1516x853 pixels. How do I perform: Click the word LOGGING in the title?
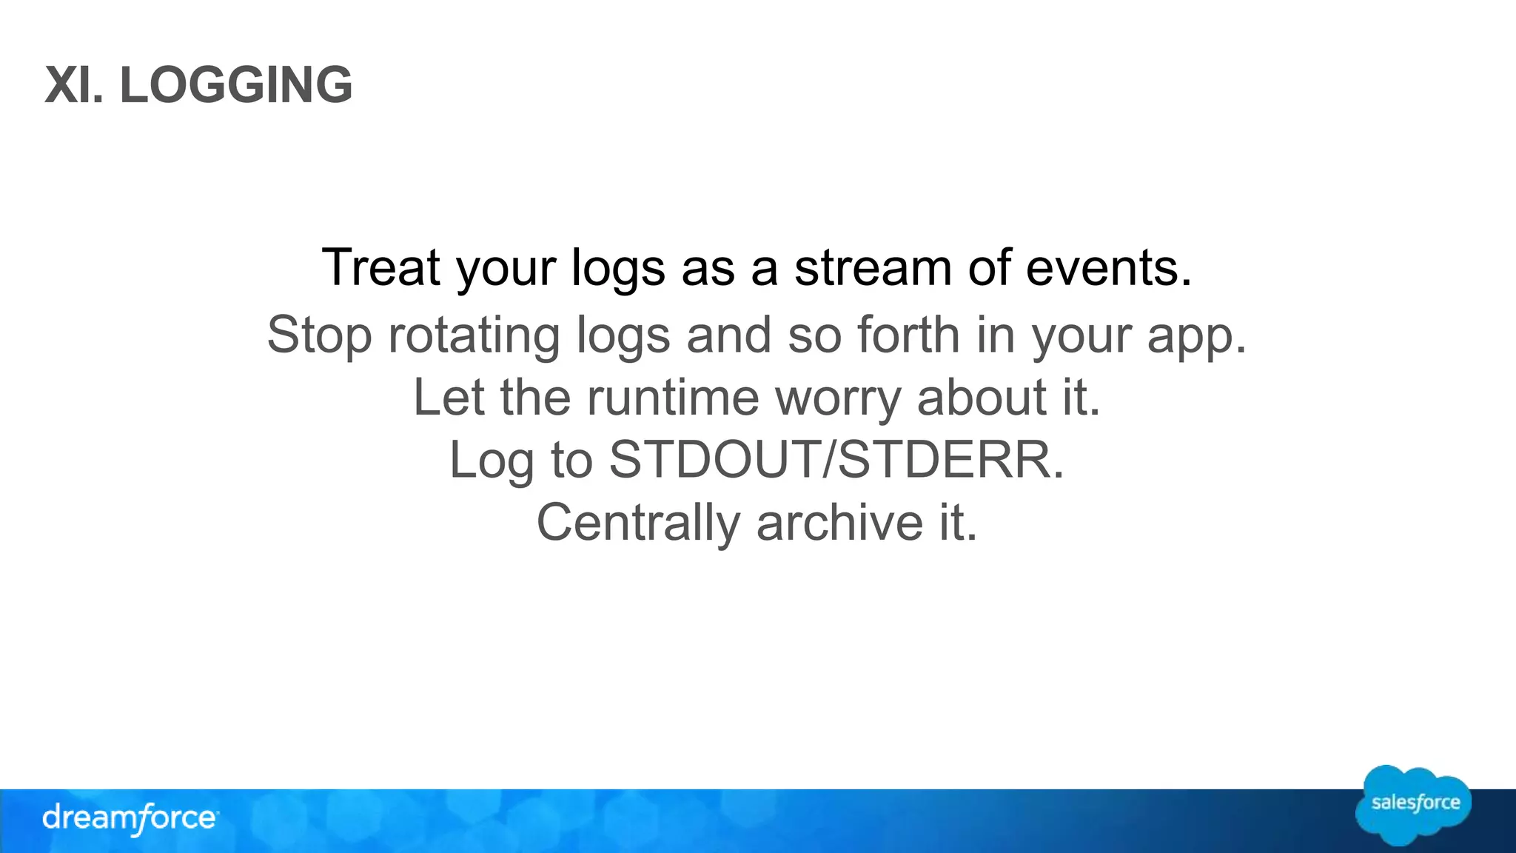(236, 84)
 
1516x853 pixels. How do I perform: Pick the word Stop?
(319, 335)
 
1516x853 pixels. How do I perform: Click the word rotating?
(474, 335)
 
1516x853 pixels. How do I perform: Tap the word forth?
(908, 335)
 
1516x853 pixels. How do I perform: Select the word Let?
(448, 397)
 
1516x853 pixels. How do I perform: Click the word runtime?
(673, 397)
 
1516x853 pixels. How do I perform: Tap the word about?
(982, 397)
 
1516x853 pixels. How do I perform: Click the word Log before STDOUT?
(491, 460)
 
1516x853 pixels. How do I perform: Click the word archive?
(839, 522)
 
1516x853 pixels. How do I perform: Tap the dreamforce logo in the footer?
(130, 818)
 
